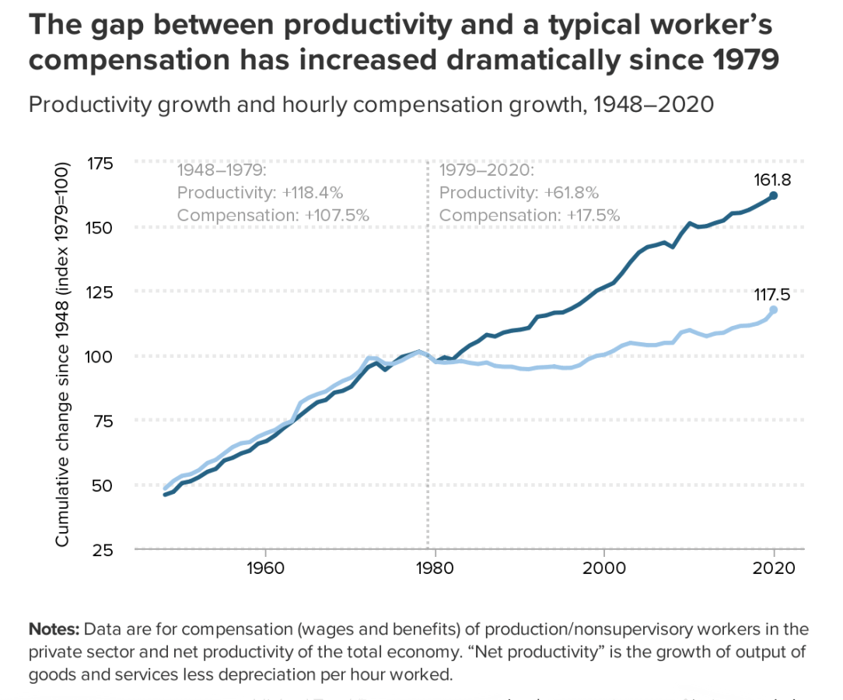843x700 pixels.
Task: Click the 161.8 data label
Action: (x=772, y=180)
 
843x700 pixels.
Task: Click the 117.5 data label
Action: (x=772, y=294)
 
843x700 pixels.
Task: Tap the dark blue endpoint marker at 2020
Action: (x=773, y=195)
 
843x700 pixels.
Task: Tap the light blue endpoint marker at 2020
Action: (x=773, y=310)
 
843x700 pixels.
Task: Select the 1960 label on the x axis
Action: (x=265, y=567)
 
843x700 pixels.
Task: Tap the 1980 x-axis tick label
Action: (x=435, y=567)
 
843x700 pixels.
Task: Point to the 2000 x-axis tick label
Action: (x=604, y=567)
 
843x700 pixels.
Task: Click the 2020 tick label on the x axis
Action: (x=774, y=567)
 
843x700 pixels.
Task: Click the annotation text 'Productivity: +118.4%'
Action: (x=260, y=192)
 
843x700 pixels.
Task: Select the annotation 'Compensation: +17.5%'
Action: (x=530, y=215)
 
